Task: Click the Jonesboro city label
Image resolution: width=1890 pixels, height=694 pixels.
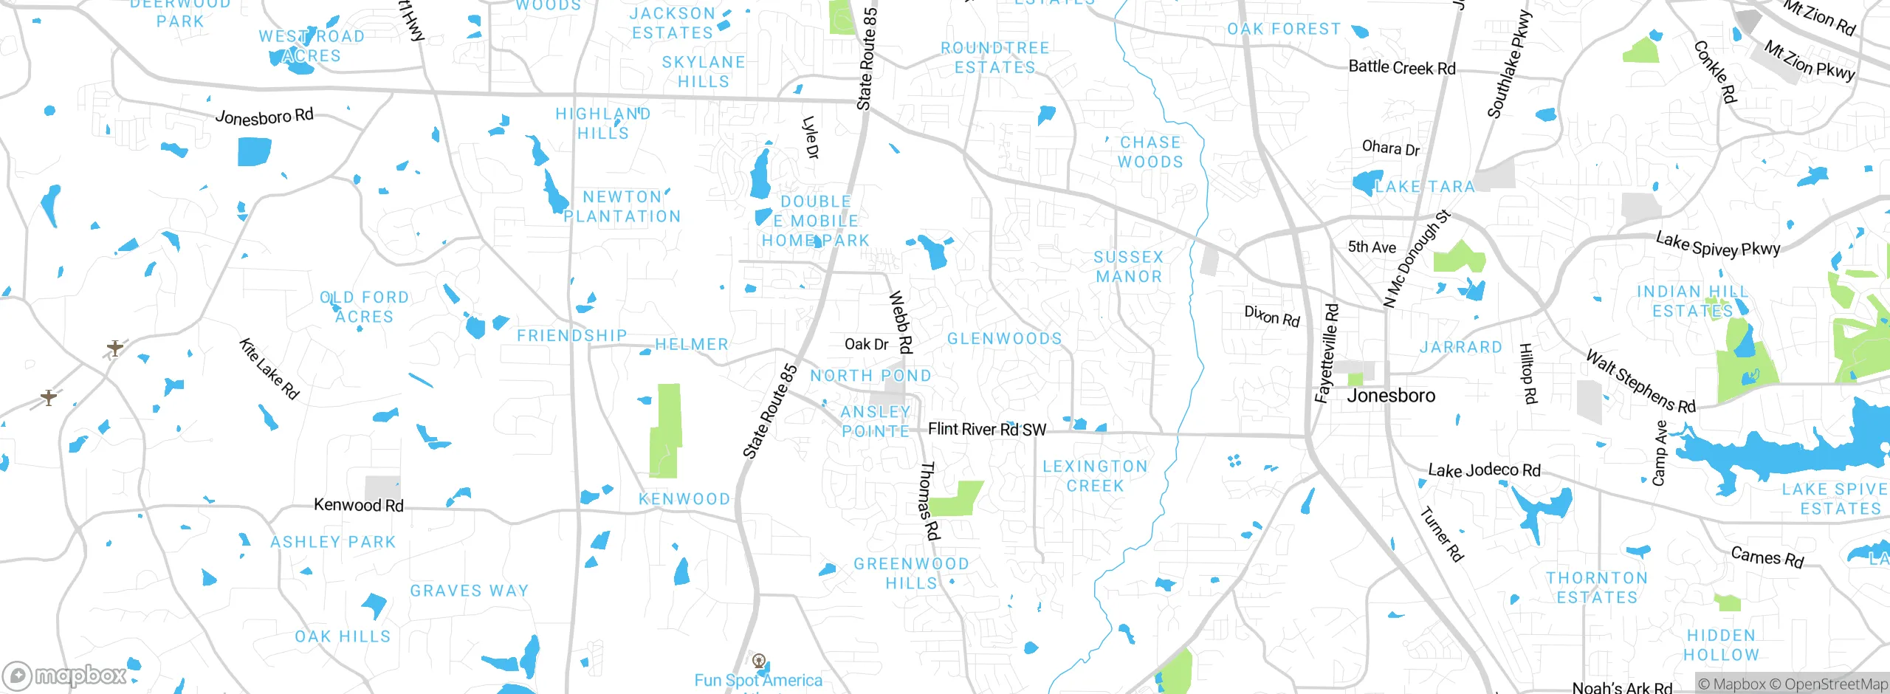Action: coord(1391,396)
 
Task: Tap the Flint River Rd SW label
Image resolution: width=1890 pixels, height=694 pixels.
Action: coord(986,430)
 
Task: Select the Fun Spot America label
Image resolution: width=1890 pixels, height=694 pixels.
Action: coord(758,681)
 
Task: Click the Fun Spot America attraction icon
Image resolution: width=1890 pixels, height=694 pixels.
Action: coord(758,661)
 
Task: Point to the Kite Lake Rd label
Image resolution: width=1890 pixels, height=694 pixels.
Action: coord(269,369)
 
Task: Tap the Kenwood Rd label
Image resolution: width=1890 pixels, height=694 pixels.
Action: coord(359,505)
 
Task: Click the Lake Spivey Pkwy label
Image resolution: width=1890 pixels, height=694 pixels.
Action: coord(1717,245)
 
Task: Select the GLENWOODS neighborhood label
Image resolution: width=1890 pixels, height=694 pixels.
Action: coord(1004,339)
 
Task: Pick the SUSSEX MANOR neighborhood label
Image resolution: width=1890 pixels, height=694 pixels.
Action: coord(1128,267)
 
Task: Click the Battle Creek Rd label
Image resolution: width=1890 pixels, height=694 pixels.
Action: coord(1401,67)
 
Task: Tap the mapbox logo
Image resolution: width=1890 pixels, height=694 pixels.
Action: coord(65,676)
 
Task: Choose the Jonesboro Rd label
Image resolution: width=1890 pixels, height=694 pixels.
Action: coord(264,117)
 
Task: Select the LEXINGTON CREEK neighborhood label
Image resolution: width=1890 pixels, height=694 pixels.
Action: coord(1095,476)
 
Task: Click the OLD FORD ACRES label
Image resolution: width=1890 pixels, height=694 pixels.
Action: coord(364,307)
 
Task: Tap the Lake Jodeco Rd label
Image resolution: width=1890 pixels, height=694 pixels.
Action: coord(1484,470)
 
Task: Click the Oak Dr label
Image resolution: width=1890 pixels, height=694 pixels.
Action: coord(866,344)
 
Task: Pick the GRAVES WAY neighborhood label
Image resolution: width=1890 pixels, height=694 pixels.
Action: coord(470,591)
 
